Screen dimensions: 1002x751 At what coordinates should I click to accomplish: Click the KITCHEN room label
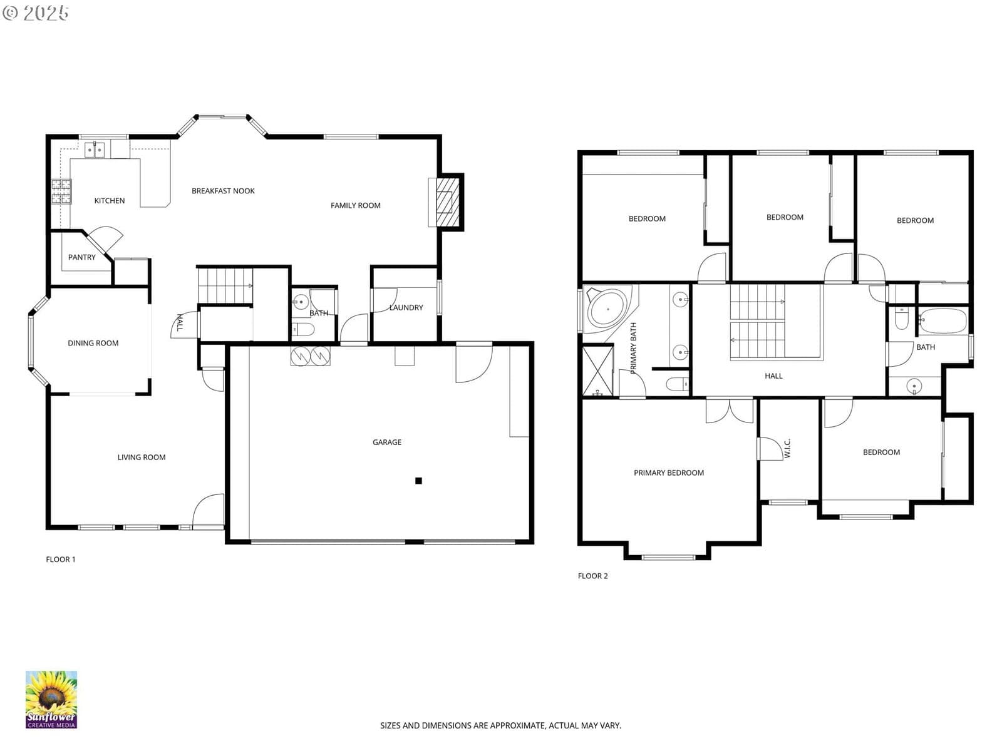pos(109,201)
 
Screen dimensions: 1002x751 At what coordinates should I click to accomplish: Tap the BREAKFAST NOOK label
pos(223,191)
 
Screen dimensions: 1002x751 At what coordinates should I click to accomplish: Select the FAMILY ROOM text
pos(355,206)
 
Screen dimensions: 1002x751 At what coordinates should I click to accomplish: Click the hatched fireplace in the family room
pos(447,202)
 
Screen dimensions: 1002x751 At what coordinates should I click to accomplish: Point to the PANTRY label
pos(81,257)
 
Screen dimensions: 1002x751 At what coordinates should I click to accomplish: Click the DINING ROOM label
pos(93,343)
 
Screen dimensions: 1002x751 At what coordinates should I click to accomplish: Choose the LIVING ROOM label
pos(142,457)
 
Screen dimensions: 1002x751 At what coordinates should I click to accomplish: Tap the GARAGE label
pos(386,442)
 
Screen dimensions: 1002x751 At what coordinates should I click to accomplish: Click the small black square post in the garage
pos(418,481)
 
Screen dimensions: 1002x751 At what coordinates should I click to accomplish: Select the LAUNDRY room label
pos(406,308)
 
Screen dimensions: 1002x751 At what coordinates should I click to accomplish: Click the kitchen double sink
pos(95,150)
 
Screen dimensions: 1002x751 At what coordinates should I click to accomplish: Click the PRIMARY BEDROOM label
pos(668,473)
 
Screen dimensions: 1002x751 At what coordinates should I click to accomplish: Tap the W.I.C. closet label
pos(787,448)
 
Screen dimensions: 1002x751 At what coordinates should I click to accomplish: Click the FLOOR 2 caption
pos(592,576)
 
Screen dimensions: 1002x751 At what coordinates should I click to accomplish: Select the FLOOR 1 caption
pos(60,559)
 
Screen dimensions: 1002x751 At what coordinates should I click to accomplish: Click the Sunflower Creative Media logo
pos(51,700)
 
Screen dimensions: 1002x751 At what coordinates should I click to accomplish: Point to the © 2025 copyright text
pos(35,13)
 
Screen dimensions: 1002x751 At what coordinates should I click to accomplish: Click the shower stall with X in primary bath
pos(598,370)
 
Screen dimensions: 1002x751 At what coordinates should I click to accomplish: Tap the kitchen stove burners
pos(61,191)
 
